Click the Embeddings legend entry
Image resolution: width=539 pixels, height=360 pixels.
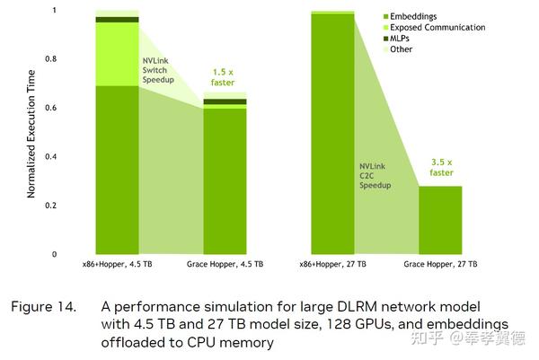pos(414,16)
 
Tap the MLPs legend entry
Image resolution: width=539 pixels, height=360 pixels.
pos(403,38)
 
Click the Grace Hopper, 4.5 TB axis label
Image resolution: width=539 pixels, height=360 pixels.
pos(225,265)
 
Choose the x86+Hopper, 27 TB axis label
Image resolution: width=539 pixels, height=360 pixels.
pos(332,265)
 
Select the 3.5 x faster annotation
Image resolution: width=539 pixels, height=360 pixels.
pos(440,168)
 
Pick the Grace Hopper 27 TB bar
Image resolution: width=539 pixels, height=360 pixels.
pos(440,220)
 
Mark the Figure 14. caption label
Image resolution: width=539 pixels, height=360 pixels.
pos(44,306)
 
